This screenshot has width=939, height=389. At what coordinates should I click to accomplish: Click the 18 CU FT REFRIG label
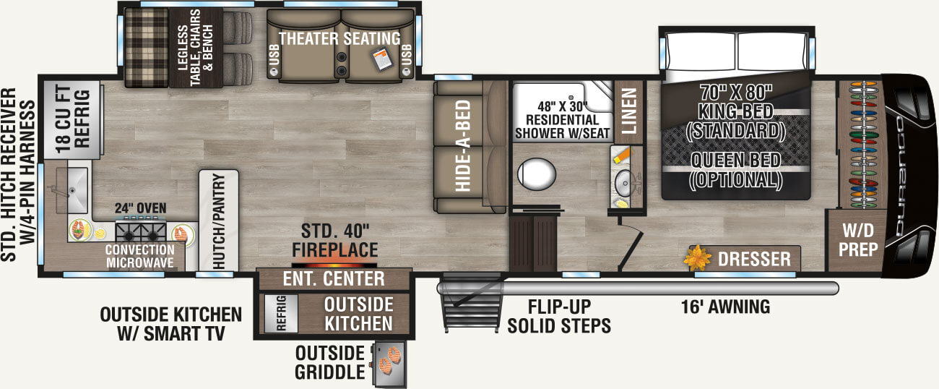[72, 119]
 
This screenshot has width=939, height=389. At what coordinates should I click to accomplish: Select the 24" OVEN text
[141, 208]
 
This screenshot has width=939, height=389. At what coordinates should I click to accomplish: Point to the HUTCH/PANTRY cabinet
[218, 221]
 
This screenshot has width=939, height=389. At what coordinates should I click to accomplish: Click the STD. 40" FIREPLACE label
[334, 240]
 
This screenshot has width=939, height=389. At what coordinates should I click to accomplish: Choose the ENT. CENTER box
[334, 279]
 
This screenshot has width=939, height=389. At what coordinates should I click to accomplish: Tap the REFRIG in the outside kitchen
[281, 313]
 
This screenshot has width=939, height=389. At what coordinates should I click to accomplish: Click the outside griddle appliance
[390, 363]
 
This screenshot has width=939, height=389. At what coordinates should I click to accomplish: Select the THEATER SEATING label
[339, 38]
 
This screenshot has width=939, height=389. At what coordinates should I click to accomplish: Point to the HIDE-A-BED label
[463, 145]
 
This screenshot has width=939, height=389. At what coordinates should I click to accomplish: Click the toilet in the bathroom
[536, 174]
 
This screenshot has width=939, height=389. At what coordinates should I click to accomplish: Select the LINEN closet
[628, 111]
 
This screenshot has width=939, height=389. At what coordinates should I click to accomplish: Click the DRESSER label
[754, 259]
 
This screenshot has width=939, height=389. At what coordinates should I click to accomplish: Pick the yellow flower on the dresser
[697, 257]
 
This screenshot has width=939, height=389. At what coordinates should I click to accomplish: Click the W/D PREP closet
[857, 240]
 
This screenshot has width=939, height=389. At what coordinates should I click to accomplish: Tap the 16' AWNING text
[725, 307]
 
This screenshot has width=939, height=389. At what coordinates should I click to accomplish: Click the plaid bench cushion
[147, 47]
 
